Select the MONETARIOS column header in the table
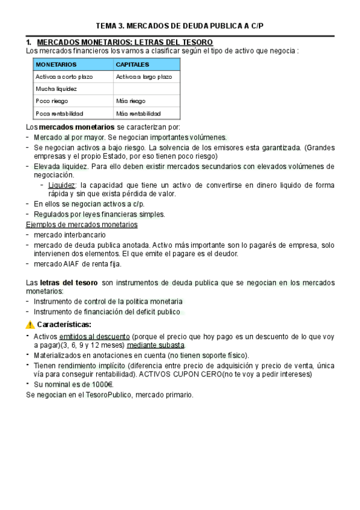pos(56,64)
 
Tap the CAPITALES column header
pos(133,64)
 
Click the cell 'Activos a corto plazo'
pos(64,77)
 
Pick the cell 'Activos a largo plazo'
pos(144,77)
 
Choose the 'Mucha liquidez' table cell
pos(56,89)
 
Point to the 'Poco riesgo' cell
pos(53,101)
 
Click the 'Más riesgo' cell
pos(131,101)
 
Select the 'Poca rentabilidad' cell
pos(59,113)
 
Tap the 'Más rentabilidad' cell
pos(138,113)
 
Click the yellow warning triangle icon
pos(31,325)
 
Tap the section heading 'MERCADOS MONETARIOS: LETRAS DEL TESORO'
pos(125,42)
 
